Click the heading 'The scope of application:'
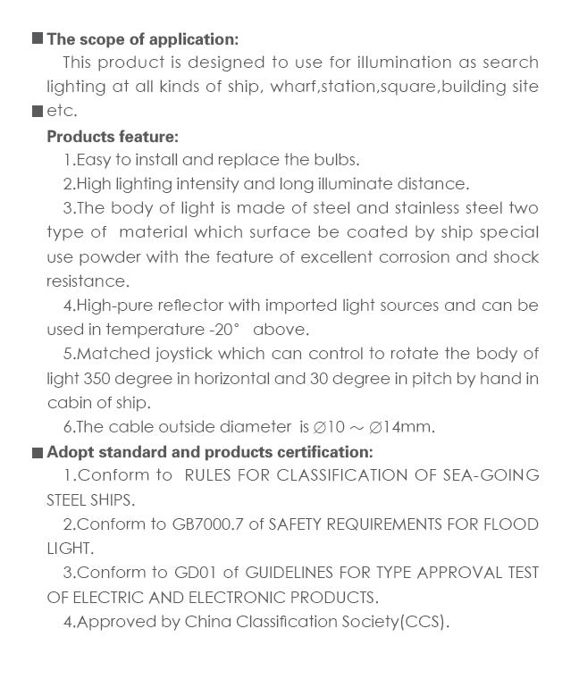(x=143, y=39)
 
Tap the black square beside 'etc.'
(x=38, y=112)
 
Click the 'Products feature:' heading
(x=113, y=137)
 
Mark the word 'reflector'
(x=183, y=306)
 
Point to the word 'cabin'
(x=68, y=402)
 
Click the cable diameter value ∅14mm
(x=401, y=427)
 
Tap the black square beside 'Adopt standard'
(x=38, y=453)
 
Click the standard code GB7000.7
(x=207, y=524)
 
